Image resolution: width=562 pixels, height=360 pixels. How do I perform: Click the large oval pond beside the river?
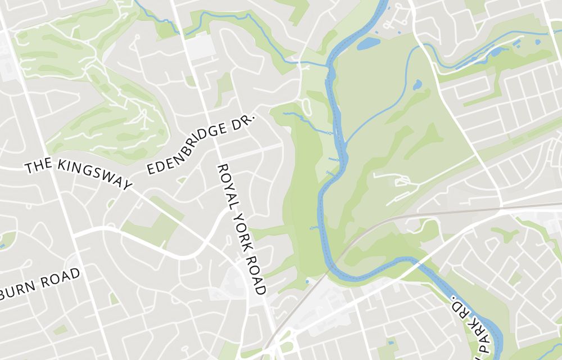tap(368, 43)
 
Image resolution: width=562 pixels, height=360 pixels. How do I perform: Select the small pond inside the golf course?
tap(417, 85)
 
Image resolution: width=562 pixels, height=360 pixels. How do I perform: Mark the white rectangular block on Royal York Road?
tap(201, 48)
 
